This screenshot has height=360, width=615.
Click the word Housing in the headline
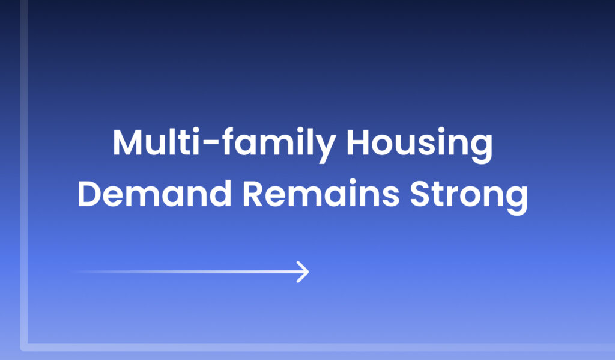(419, 145)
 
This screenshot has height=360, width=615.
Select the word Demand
(154, 193)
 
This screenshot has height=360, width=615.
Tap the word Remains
(321, 193)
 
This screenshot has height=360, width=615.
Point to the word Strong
(468, 197)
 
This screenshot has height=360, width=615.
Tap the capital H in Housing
(359, 142)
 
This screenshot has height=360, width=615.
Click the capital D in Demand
(91, 193)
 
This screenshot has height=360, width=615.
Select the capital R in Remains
(253, 193)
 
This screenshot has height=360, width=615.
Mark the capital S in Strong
(421, 193)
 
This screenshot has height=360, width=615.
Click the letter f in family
(229, 141)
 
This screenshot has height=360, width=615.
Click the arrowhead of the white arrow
(303, 272)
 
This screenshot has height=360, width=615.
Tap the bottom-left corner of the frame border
(24, 347)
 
